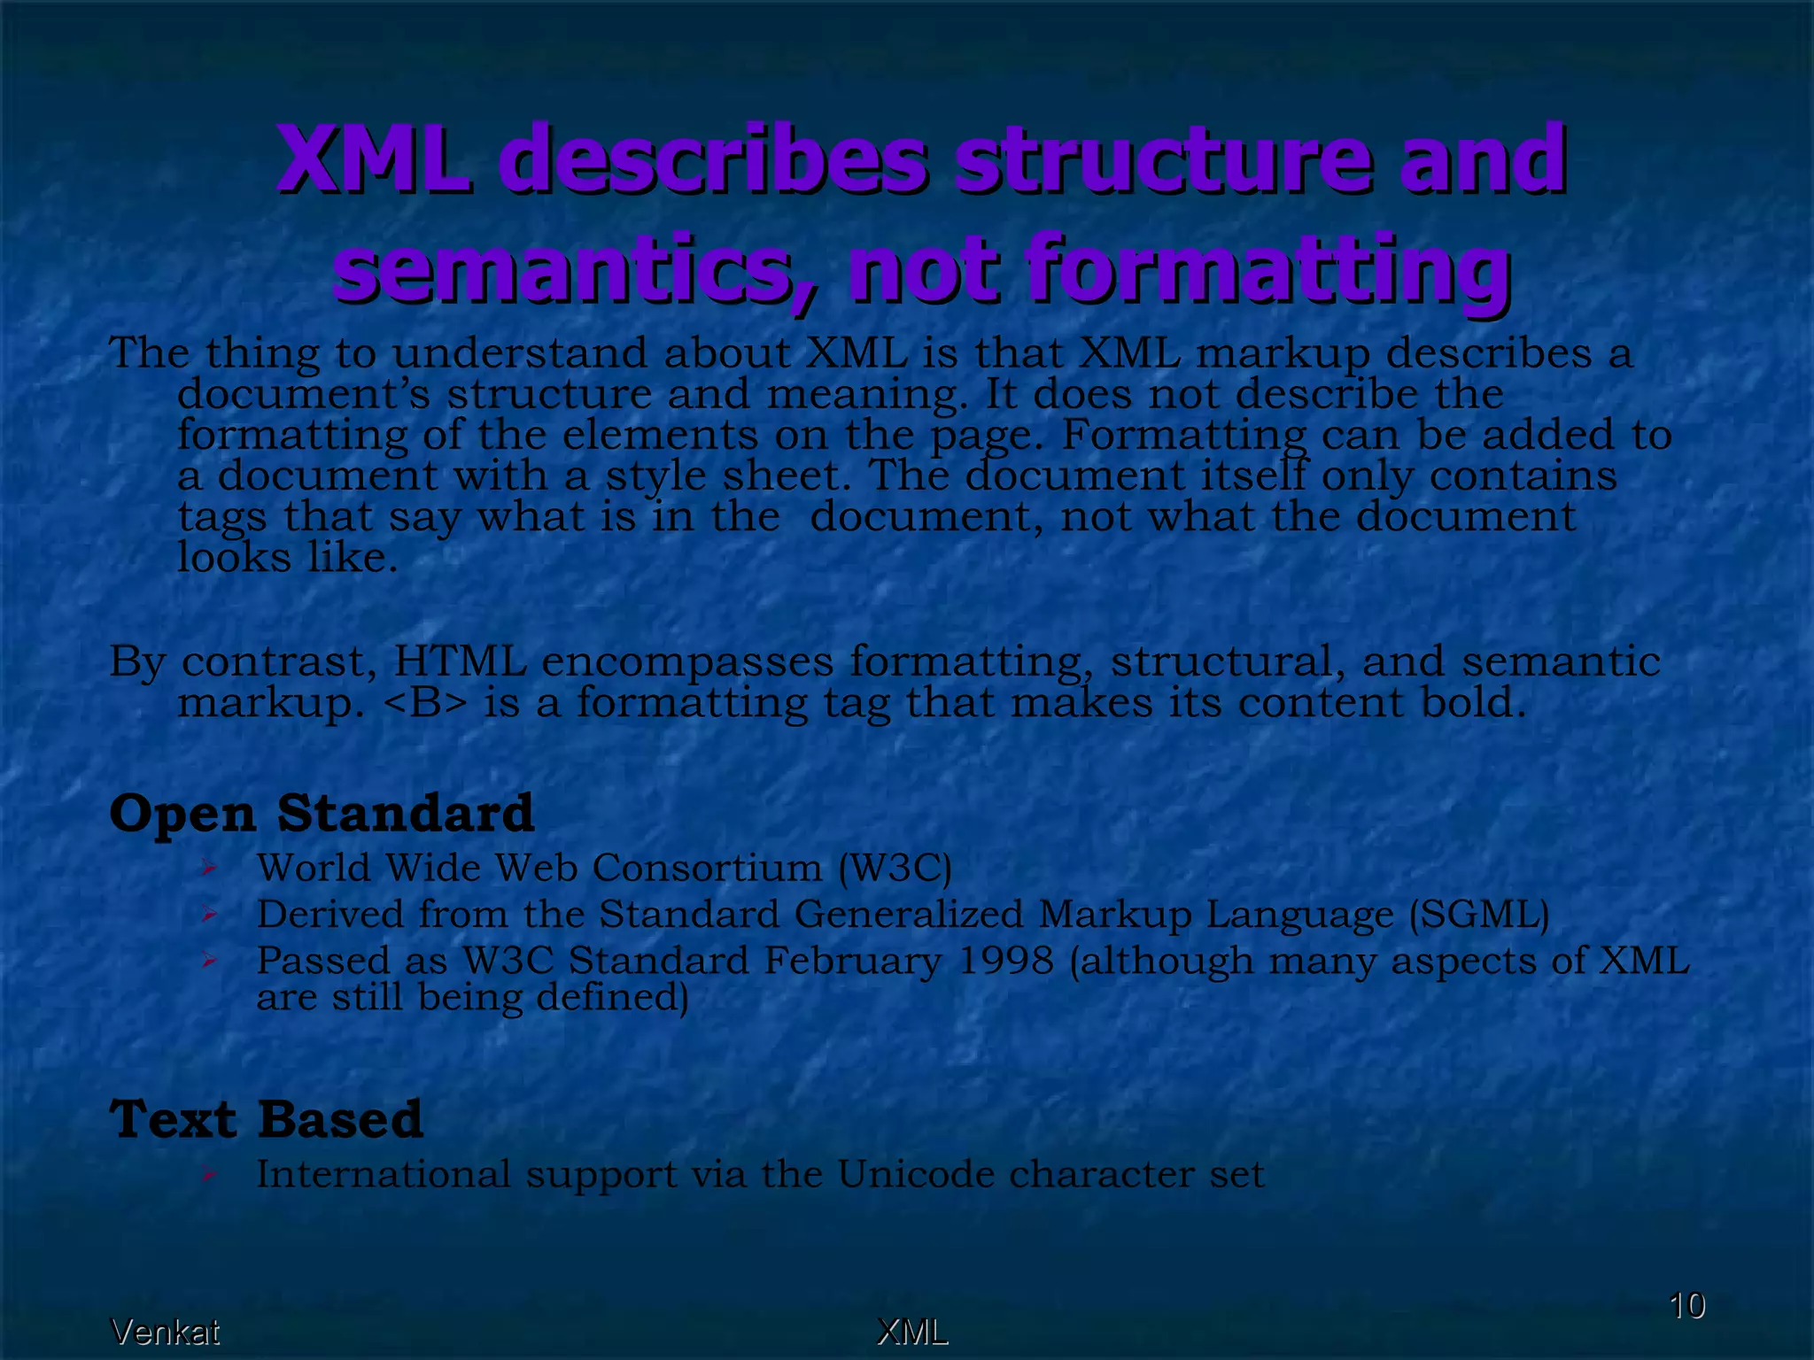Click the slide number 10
[x=1686, y=1306]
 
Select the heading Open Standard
[x=322, y=813]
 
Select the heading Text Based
[x=266, y=1119]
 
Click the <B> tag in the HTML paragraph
[x=425, y=703]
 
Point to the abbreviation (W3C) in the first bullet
[x=895, y=868]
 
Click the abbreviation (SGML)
[x=1479, y=915]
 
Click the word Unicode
[x=916, y=1175]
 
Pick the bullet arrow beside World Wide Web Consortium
[x=208, y=868]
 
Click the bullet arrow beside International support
[x=208, y=1175]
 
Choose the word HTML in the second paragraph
[x=459, y=661]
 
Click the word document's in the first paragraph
[x=303, y=394]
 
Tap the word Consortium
[x=707, y=868]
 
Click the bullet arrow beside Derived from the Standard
[x=208, y=914]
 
